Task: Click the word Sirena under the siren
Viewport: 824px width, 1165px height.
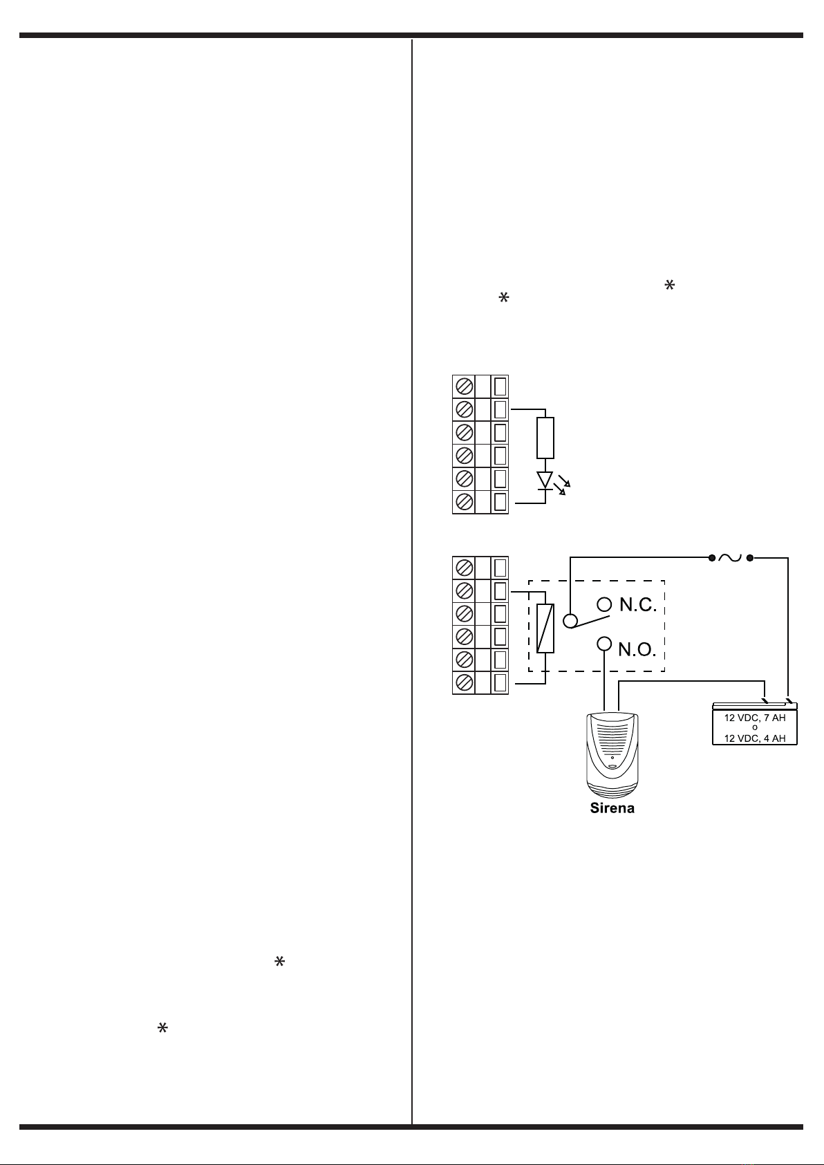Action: coord(612,808)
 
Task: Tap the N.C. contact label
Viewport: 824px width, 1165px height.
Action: coord(637,606)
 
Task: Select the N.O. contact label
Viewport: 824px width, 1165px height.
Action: coord(637,649)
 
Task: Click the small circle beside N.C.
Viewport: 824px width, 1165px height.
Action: coord(604,604)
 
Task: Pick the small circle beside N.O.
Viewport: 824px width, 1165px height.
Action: coord(604,644)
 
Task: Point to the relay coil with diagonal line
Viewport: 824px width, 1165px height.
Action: coord(545,628)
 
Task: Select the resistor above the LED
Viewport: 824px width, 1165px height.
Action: coord(545,438)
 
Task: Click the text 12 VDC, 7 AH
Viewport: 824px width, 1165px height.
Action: coord(754,718)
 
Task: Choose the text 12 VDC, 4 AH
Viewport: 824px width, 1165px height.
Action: coord(754,738)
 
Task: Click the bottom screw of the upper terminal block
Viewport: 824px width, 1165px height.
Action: coord(465,501)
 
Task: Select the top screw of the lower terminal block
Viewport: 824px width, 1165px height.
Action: coord(465,568)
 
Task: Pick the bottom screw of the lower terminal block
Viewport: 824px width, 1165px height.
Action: coord(465,682)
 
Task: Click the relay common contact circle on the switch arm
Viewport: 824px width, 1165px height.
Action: coord(570,620)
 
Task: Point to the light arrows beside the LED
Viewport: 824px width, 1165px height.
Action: coord(563,487)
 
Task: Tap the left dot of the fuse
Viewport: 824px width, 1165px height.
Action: coord(711,557)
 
